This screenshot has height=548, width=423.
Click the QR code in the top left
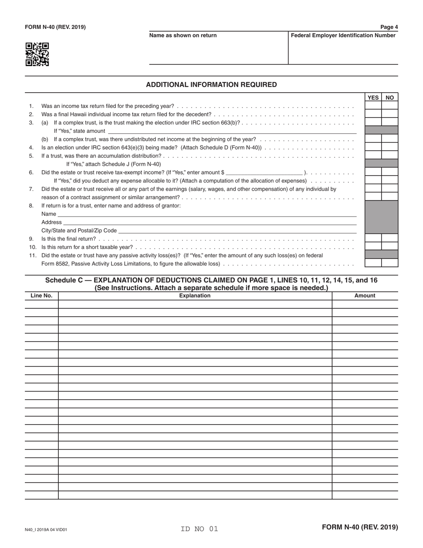click(x=37, y=54)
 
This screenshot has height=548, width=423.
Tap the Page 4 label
click(x=389, y=27)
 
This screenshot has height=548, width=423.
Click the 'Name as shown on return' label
click(x=183, y=36)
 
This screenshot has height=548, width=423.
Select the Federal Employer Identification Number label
click(x=343, y=36)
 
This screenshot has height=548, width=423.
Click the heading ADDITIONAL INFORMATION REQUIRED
click(x=211, y=85)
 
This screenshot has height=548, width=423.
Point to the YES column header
click(x=373, y=98)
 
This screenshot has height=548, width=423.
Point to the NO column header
click(x=390, y=98)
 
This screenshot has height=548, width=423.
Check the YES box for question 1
click(x=373, y=106)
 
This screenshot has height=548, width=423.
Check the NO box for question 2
click(x=390, y=115)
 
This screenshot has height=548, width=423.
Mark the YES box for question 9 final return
click(x=373, y=238)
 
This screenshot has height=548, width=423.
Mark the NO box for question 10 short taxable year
click(x=390, y=247)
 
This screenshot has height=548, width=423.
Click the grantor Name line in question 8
click(x=207, y=214)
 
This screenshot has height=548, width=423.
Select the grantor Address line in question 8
click(x=210, y=222)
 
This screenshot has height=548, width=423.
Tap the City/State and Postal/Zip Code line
click(x=237, y=230)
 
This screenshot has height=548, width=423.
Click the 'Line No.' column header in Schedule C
click(x=41, y=296)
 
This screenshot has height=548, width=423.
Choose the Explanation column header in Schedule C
click(x=195, y=296)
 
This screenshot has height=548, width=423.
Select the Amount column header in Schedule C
click(x=365, y=296)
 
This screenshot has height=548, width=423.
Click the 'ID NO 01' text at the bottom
click(x=199, y=529)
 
